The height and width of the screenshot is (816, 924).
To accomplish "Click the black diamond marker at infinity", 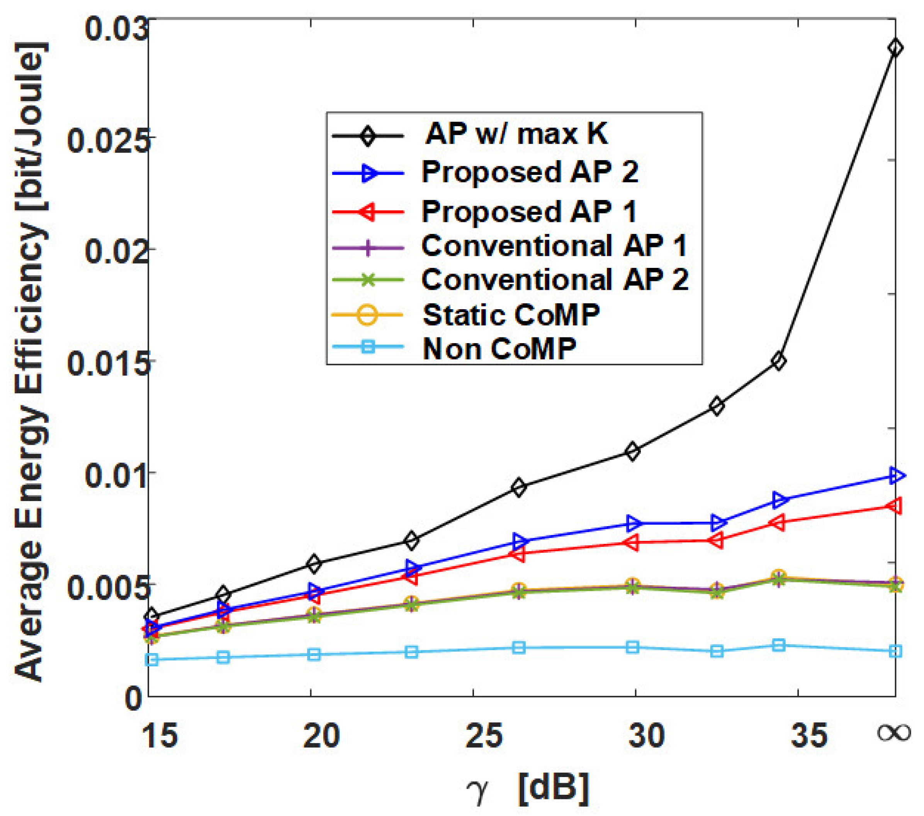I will click(895, 48).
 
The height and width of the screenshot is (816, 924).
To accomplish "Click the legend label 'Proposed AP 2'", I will click(530, 172).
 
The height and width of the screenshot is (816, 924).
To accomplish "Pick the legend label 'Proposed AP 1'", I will click(529, 211).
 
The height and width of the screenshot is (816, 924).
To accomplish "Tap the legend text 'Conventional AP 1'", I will click(554, 246).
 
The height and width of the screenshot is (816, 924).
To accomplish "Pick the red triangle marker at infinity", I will click(895, 506).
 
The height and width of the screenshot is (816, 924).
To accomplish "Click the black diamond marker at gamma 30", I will click(633, 451).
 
